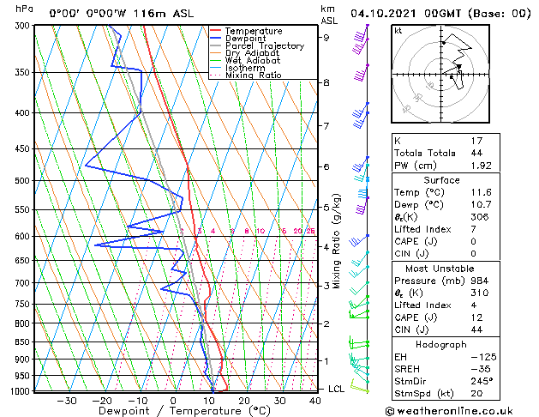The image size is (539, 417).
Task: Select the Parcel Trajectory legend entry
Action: (x=264, y=46)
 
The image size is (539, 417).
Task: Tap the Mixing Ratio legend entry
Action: (x=253, y=76)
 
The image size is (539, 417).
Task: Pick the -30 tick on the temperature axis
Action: (x=67, y=400)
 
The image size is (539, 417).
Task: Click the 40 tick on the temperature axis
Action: (x=316, y=400)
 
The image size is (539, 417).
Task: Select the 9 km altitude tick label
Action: (x=326, y=38)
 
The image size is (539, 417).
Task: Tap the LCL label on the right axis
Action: (x=338, y=389)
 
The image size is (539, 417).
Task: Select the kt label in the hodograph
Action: (x=398, y=31)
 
